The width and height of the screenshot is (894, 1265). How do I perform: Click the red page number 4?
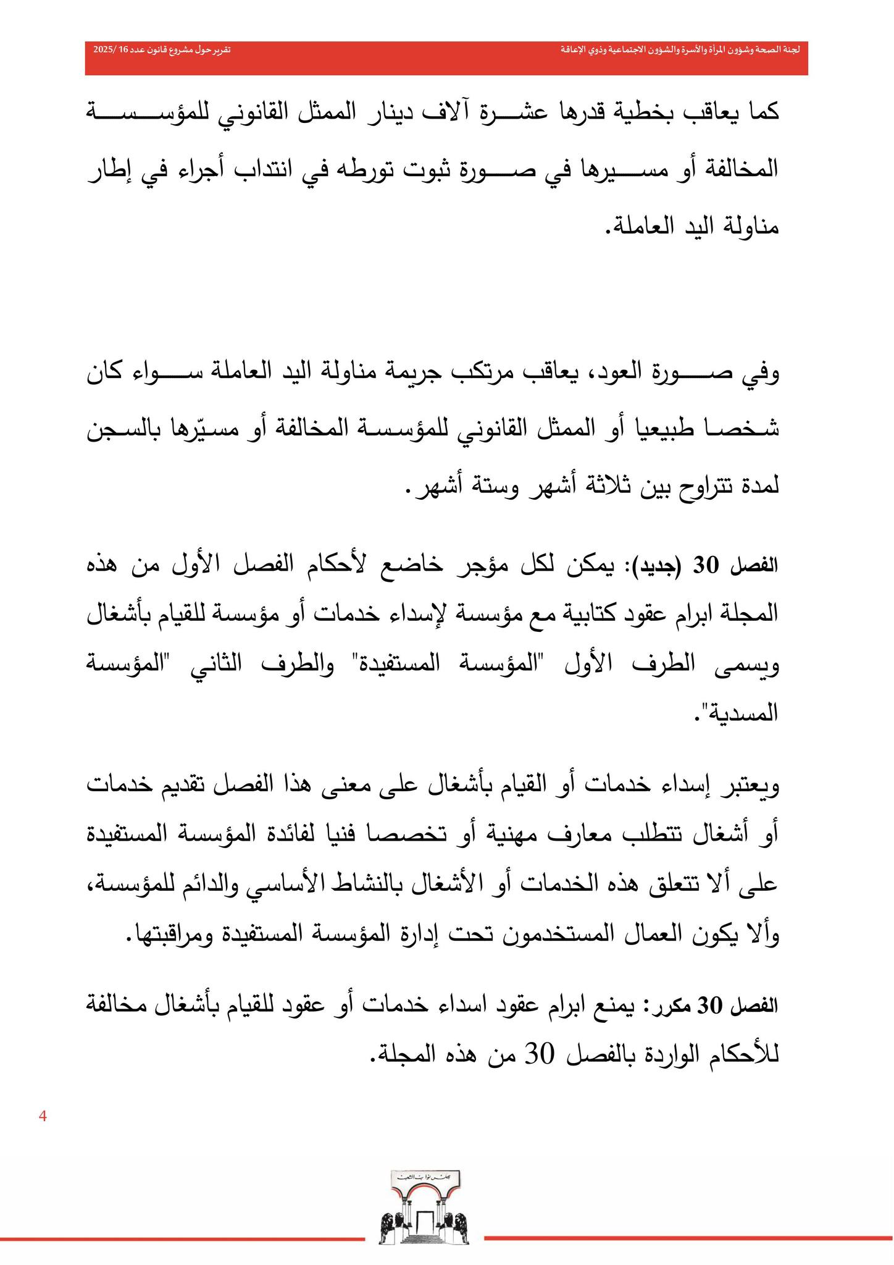[x=43, y=1116]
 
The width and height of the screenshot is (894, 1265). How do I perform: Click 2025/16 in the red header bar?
[x=110, y=49]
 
